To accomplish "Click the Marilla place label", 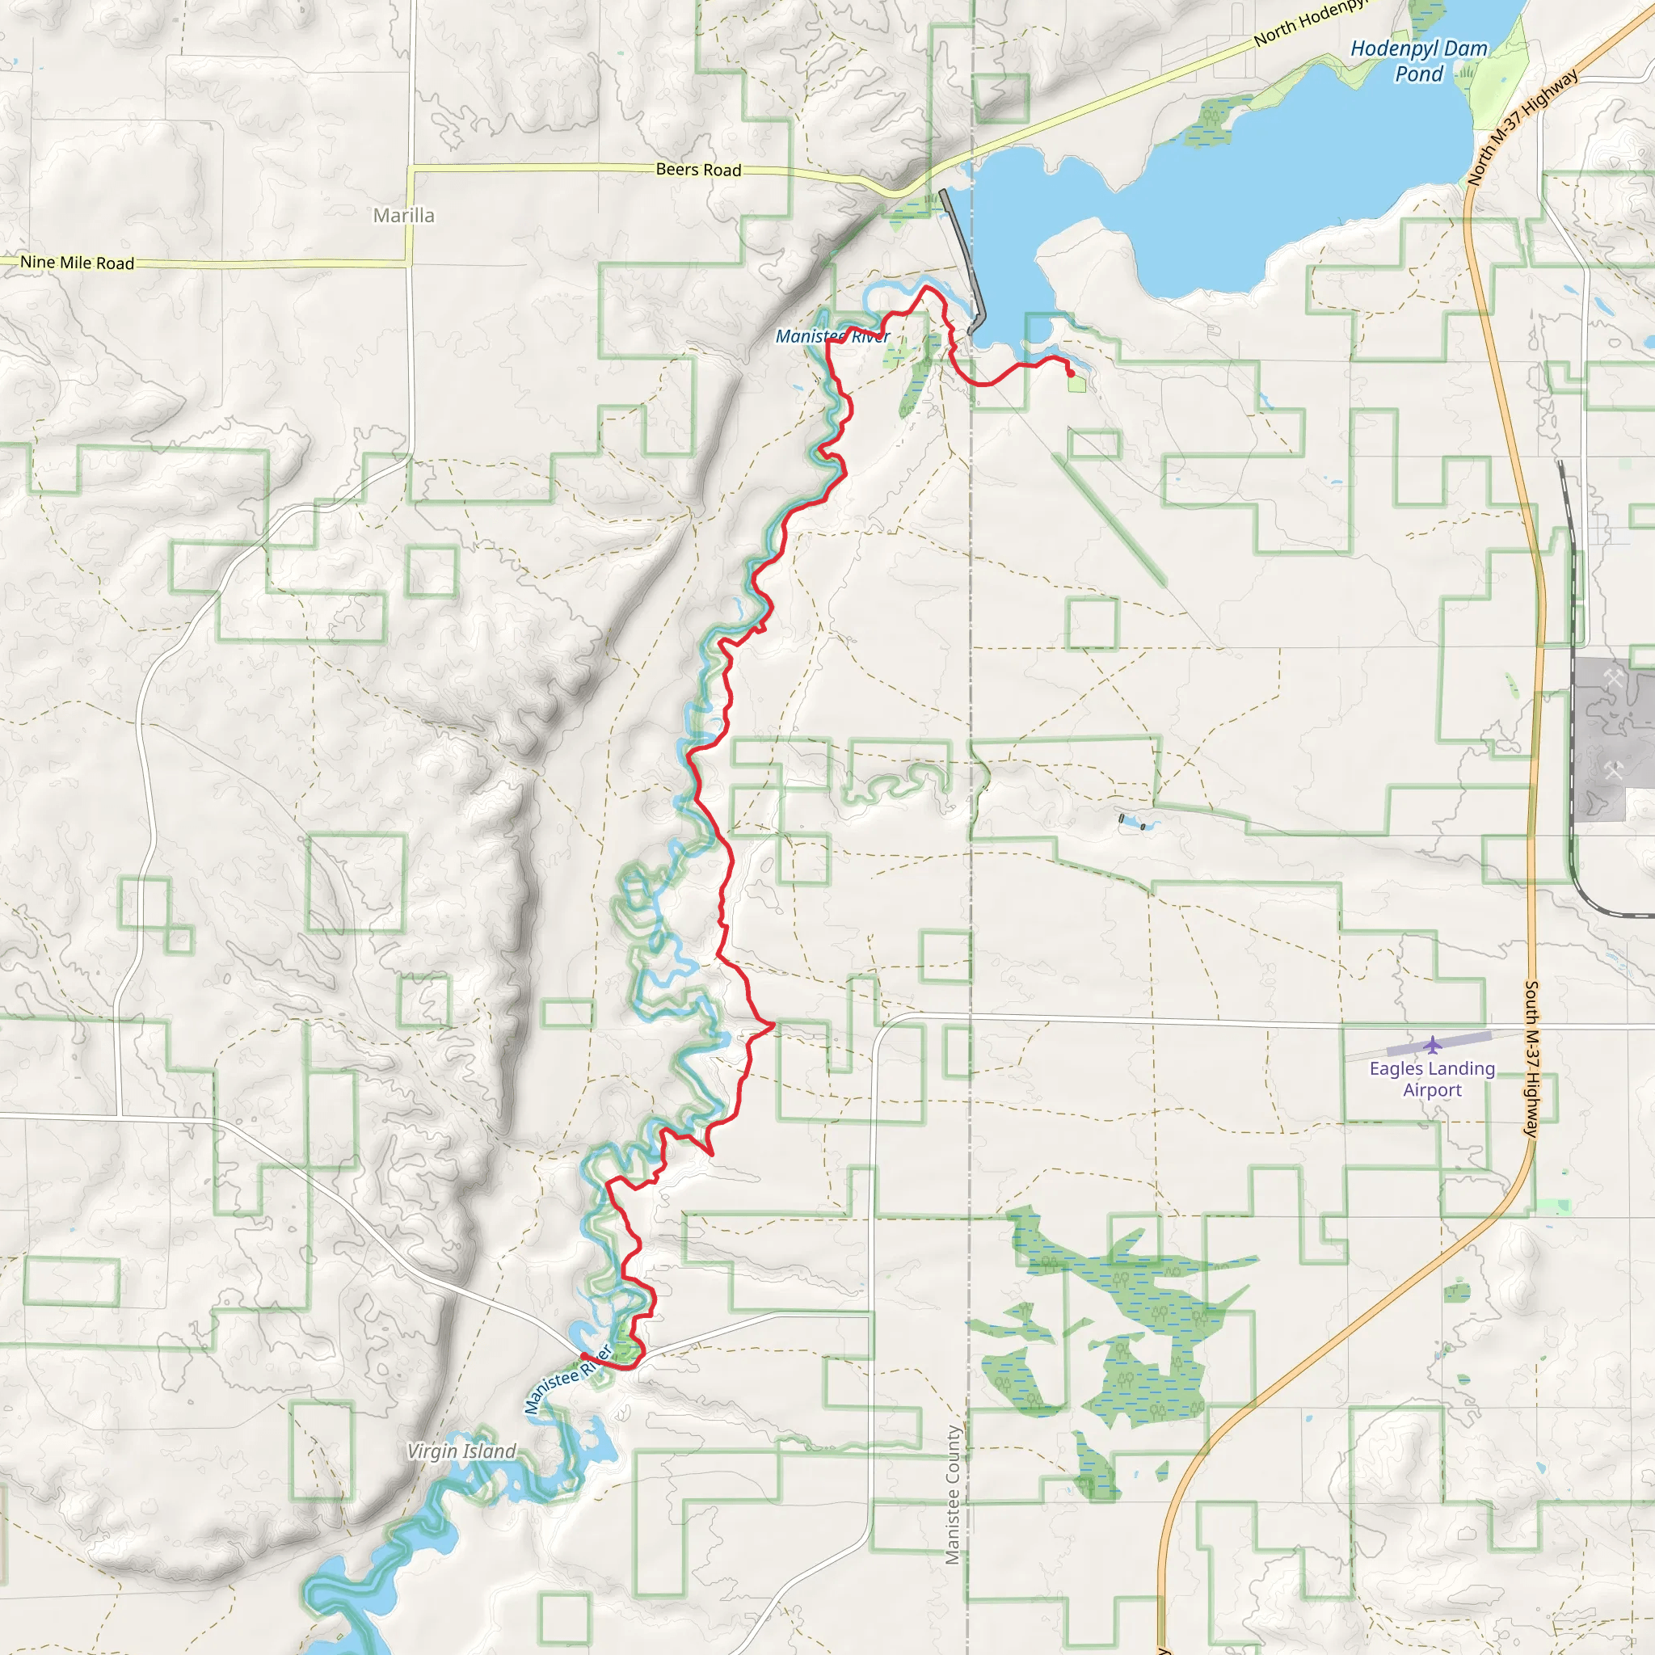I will [403, 216].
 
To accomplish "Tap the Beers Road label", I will [698, 170].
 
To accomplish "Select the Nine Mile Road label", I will [77, 262].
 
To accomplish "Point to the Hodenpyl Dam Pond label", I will [1418, 61].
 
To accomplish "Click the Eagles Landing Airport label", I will [1431, 1079].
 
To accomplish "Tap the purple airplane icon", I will [1432, 1044].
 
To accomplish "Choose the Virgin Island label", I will [461, 1451].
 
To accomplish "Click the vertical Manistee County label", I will [953, 1495].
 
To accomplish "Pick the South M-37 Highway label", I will [1532, 1059].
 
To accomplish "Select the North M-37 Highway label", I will [1522, 128].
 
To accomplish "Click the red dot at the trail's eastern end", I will [1070, 373].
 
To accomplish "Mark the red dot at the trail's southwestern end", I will [584, 1355].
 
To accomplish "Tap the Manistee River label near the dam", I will [832, 337].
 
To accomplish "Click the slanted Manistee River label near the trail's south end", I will [568, 1379].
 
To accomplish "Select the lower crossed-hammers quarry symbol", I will [1613, 771].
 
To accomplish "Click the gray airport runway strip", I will [1439, 1042].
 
